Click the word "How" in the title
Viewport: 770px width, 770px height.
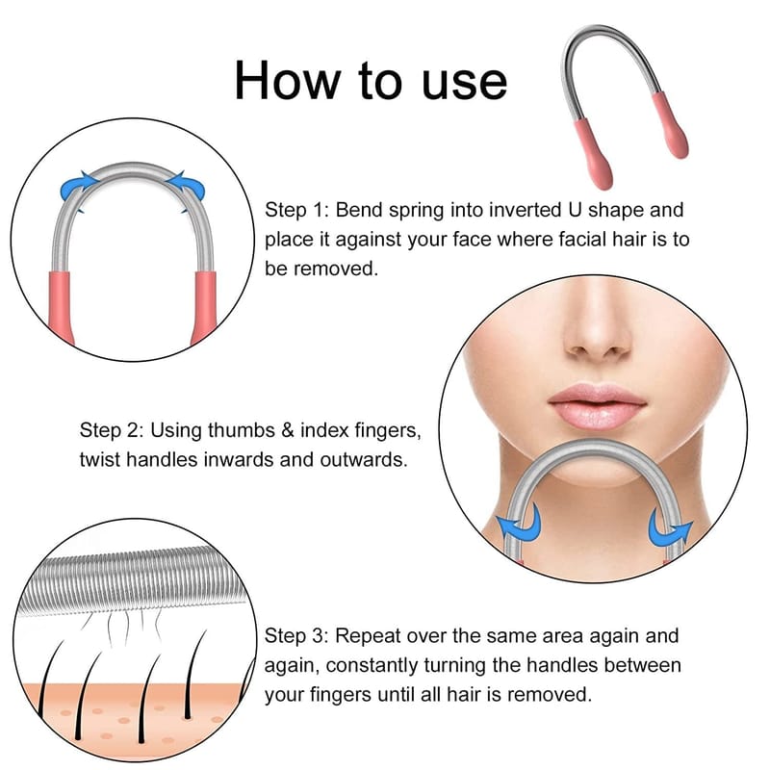[x=288, y=80]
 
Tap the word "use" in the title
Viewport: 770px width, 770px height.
[x=464, y=84]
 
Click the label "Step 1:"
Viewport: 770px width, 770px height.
[x=296, y=210]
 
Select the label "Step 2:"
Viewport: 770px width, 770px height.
[x=112, y=430]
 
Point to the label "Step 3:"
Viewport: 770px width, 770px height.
[x=296, y=636]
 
